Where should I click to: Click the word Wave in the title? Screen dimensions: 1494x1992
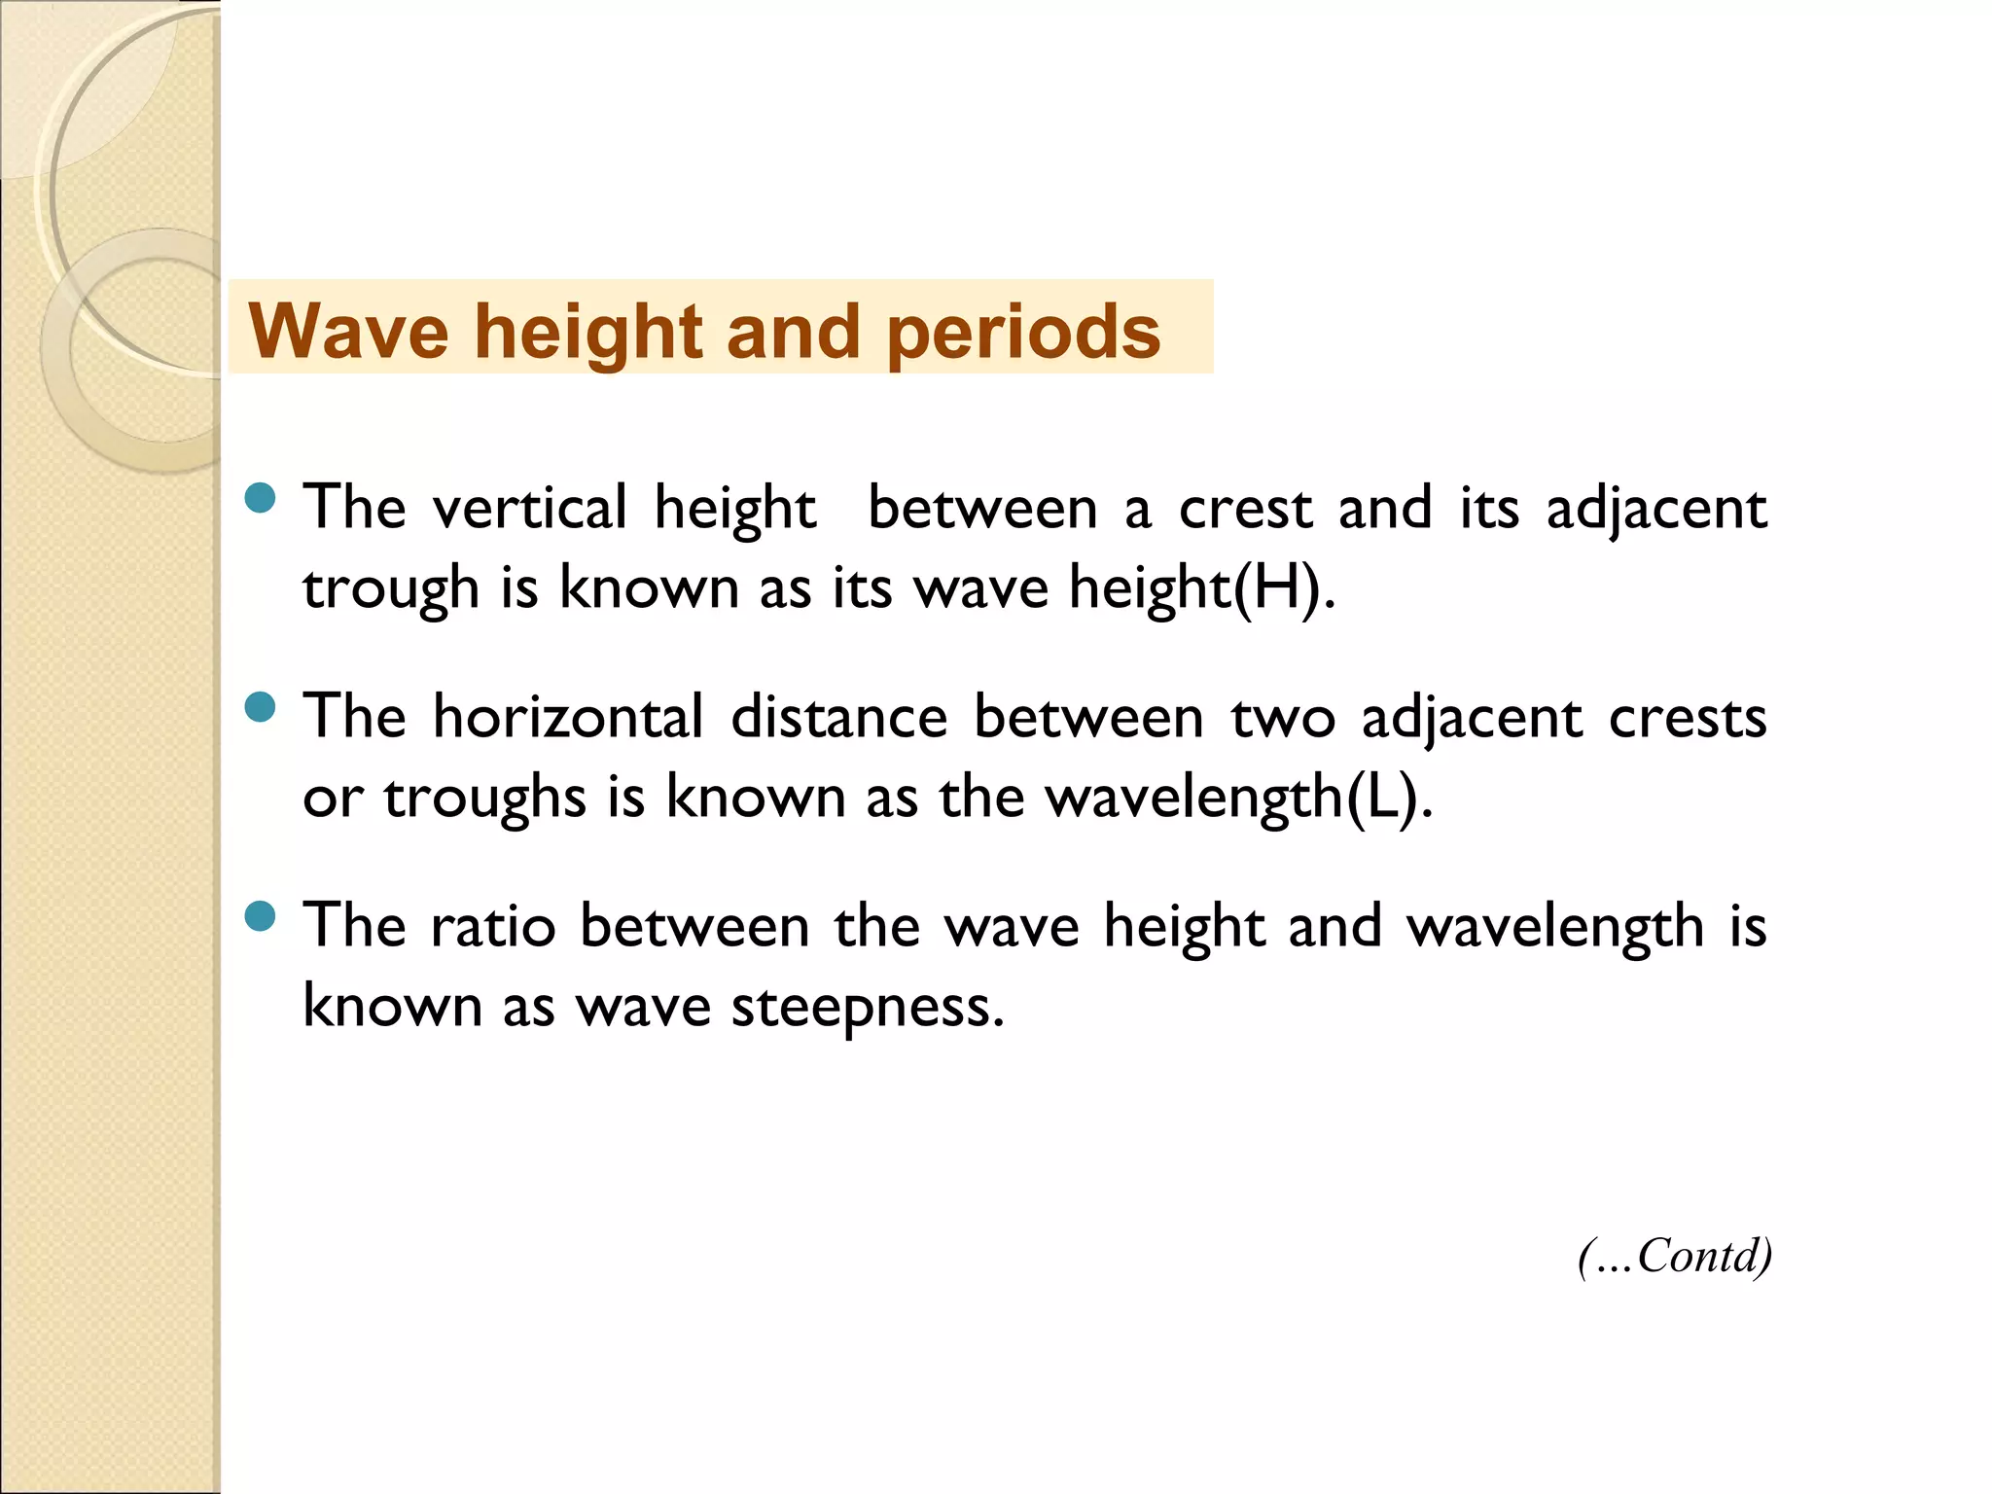click(x=348, y=332)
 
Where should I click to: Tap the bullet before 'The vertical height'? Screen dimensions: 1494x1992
click(x=261, y=499)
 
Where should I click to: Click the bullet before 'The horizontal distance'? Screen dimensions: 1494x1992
click(x=261, y=707)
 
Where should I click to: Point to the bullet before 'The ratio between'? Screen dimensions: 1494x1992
click(x=261, y=916)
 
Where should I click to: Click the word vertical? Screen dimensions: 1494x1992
click(x=530, y=508)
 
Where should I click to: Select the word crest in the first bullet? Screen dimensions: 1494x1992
click(x=1245, y=510)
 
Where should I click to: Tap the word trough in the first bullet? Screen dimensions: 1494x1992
click(x=391, y=589)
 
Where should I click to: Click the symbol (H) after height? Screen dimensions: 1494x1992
click(x=1281, y=588)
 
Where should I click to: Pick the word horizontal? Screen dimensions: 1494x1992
click(x=568, y=717)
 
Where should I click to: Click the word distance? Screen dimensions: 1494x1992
click(x=838, y=717)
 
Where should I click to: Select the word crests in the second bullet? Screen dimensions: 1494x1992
click(x=1688, y=719)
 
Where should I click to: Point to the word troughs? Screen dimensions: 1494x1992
click(x=484, y=799)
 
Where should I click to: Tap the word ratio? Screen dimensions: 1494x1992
click(x=493, y=926)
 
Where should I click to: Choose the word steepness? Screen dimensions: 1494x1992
click(x=867, y=1008)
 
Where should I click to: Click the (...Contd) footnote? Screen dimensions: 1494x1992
click(x=1674, y=1256)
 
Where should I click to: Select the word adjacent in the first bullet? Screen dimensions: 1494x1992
click(x=1656, y=510)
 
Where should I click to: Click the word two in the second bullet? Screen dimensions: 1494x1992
click(x=1283, y=719)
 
